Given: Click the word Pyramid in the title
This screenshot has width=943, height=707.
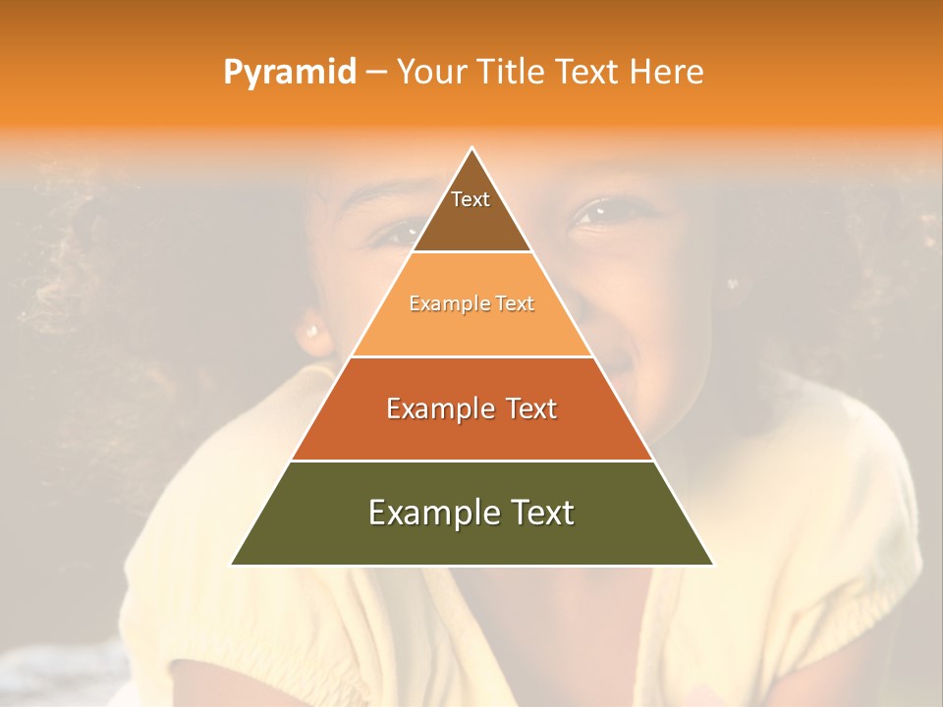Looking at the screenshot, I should [x=289, y=73].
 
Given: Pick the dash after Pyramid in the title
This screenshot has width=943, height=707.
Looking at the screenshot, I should [x=375, y=73].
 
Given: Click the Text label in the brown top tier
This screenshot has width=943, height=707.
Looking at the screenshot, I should [x=471, y=199].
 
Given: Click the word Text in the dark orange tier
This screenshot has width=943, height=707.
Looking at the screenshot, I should [x=531, y=408].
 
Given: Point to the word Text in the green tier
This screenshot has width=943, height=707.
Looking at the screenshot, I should [x=541, y=513].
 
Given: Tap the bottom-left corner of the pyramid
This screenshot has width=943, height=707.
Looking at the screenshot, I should [x=232, y=565].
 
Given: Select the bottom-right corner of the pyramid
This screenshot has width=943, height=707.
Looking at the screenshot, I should [x=713, y=565].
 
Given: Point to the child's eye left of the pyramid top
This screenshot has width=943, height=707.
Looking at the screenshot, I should [x=396, y=232].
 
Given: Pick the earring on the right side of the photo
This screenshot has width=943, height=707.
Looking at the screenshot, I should [x=732, y=284].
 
